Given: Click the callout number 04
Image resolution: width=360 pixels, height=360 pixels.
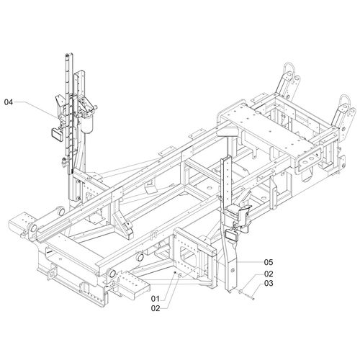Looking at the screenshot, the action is click(x=9, y=102).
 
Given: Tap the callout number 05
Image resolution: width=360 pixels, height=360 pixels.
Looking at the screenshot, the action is click(x=269, y=262).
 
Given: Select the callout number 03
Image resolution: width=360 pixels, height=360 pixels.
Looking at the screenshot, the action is click(x=269, y=283).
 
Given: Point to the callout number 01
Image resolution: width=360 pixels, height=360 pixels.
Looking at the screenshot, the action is click(x=156, y=299).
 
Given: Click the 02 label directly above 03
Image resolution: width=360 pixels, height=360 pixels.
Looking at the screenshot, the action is click(x=269, y=274).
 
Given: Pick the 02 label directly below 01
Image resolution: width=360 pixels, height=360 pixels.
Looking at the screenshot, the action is click(x=156, y=308).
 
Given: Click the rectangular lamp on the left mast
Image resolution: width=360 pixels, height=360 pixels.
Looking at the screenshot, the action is click(x=57, y=132).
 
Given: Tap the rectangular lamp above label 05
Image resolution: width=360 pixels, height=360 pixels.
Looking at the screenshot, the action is click(x=231, y=235).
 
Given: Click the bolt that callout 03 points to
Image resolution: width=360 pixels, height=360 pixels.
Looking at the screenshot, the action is click(x=250, y=297).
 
